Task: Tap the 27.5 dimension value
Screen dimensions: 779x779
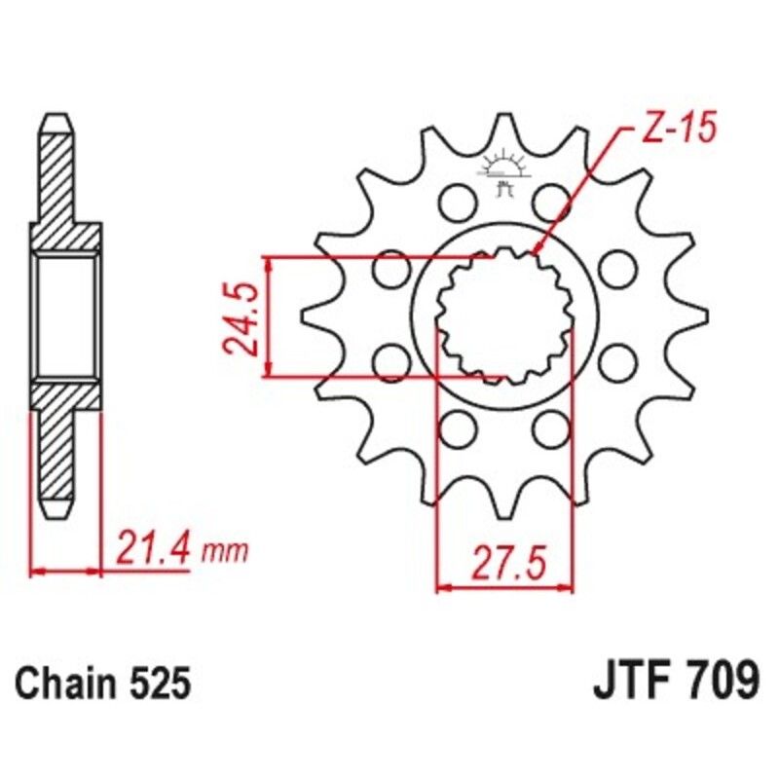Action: coord(504,564)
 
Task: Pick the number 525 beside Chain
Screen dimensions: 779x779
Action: coord(159,683)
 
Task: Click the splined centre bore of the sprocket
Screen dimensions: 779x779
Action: coord(503,316)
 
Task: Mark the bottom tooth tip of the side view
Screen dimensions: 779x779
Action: coord(56,510)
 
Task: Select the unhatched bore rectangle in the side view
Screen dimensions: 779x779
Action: coord(65,315)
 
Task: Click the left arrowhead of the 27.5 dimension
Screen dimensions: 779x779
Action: coord(441,587)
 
